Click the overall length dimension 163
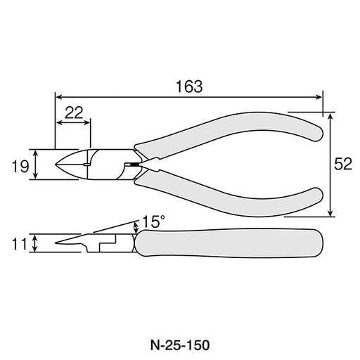(189, 86)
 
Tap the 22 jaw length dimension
(74, 112)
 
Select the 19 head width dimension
(20, 167)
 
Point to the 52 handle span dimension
(343, 164)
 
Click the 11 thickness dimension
(19, 244)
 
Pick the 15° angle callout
(153, 221)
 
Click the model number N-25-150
(180, 345)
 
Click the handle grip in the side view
(229, 243)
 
